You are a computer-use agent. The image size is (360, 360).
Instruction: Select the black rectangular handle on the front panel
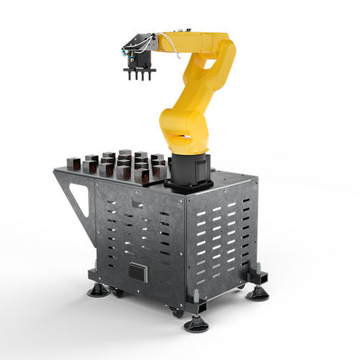137,272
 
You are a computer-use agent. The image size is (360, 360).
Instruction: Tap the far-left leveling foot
99,290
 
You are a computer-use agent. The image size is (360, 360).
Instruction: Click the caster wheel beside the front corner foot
177,312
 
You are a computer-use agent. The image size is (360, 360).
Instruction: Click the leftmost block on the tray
73,163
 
